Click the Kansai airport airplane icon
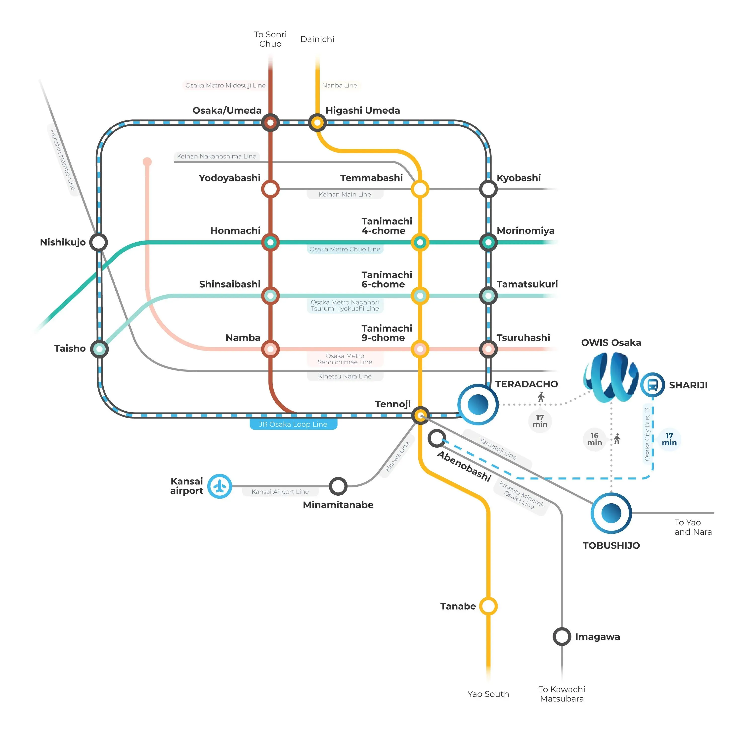[x=219, y=486]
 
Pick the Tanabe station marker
[x=488, y=606]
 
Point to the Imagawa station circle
[x=562, y=636]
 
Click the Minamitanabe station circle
[x=338, y=486]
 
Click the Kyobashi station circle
[x=488, y=189]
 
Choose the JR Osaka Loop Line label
[x=293, y=424]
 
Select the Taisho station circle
[x=99, y=349]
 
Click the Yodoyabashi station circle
[x=270, y=189]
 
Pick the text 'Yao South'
[x=488, y=694]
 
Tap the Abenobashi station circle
[x=436, y=438]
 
